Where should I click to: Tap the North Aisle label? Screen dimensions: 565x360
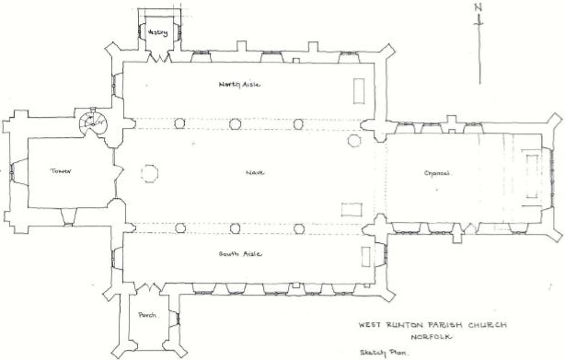coord(239,85)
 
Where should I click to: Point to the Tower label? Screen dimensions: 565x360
coord(61,171)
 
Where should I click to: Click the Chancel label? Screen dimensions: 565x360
coord(436,172)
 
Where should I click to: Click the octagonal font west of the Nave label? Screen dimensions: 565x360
coord(149,172)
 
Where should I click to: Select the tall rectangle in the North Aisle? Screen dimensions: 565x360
coord(359,91)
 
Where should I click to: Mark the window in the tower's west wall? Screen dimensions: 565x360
coord(12,171)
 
